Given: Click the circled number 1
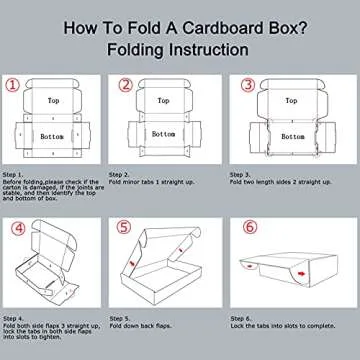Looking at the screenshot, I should (13, 86).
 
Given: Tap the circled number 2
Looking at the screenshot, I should (126, 86).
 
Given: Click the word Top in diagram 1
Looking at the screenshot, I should (52, 102).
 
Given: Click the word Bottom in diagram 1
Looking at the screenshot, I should (52, 135).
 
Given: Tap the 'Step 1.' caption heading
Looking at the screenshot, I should (14, 172).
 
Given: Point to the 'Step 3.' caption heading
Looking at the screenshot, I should (242, 172).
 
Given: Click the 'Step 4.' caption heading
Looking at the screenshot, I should (14, 316).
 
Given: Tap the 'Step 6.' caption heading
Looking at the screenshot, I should (242, 316).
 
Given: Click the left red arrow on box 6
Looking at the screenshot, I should (248, 264).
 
